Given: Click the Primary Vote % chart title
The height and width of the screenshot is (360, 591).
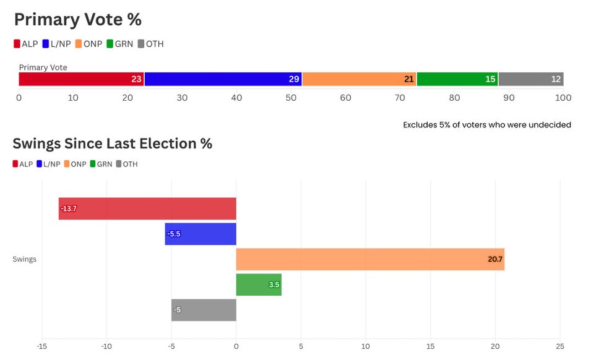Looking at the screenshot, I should tap(77, 20).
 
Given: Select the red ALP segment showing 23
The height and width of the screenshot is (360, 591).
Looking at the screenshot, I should tap(81, 79).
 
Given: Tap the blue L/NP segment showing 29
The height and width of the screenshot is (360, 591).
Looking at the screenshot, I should tap(223, 79).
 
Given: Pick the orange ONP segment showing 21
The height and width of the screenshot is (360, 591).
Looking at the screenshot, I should tap(359, 79).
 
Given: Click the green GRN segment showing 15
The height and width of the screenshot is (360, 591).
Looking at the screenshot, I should tap(457, 79).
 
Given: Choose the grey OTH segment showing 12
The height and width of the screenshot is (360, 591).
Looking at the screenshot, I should tap(531, 79).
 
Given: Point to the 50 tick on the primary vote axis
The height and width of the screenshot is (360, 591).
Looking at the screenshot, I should tap(291, 98).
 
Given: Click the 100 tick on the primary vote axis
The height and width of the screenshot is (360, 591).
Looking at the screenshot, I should tap(563, 98).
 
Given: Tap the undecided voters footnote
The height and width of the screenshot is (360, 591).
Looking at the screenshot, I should tap(487, 125).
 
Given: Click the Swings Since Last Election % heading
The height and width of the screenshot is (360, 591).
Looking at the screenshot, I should tap(112, 144).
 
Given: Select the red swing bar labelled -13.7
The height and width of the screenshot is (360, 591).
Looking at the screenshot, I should tap(147, 209).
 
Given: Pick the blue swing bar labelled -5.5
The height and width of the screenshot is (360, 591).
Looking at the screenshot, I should tap(201, 234).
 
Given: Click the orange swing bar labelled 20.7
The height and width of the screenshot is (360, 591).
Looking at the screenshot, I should tap(370, 259).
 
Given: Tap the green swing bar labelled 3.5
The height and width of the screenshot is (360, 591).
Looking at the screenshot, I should tap(259, 285).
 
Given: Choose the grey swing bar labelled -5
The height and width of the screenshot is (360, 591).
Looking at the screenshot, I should tap(204, 310).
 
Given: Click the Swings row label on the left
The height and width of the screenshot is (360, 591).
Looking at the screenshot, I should tap(24, 259).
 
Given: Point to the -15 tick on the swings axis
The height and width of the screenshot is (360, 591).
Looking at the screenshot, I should tap(42, 346).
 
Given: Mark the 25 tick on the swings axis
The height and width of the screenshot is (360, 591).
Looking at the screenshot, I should tap(559, 346).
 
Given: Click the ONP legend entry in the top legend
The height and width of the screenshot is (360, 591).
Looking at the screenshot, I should tap(88, 44).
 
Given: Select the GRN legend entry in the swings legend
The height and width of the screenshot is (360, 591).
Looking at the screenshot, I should tap(101, 164).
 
